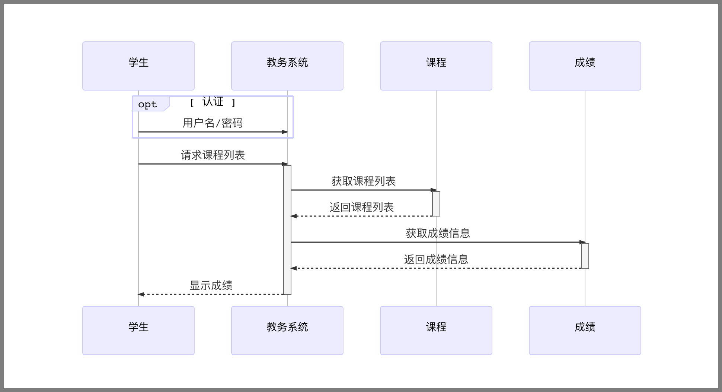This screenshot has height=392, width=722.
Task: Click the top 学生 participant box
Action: coord(138,66)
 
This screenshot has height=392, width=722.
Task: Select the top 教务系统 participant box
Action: coord(287,66)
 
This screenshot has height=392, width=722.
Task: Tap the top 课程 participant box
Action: coord(436,66)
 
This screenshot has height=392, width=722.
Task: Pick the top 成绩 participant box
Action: coord(585,66)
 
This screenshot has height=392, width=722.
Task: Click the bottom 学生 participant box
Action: coord(138,331)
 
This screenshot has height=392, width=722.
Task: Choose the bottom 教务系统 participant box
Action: coord(287,331)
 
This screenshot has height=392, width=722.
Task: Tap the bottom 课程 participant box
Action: coord(436,331)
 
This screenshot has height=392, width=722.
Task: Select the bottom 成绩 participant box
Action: coord(585,331)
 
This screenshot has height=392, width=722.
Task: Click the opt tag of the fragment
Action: coord(148,104)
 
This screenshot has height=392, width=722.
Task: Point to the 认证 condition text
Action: coord(213,102)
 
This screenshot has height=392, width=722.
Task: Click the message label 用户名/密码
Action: coord(213,123)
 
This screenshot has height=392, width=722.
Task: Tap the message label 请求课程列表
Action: coord(213,155)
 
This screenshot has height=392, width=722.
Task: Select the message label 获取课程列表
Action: coord(363,181)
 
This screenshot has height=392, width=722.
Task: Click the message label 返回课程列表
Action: coord(361,207)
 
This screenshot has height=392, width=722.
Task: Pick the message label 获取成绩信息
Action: coord(438,233)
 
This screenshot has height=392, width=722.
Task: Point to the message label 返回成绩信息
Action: coord(436,259)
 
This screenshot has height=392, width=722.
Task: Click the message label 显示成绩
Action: coord(211,285)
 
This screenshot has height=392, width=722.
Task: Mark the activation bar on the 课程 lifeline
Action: coord(436,204)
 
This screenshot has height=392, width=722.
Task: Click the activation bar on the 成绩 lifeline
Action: coord(585,256)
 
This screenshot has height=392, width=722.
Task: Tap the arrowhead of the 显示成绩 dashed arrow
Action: coord(141,294)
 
